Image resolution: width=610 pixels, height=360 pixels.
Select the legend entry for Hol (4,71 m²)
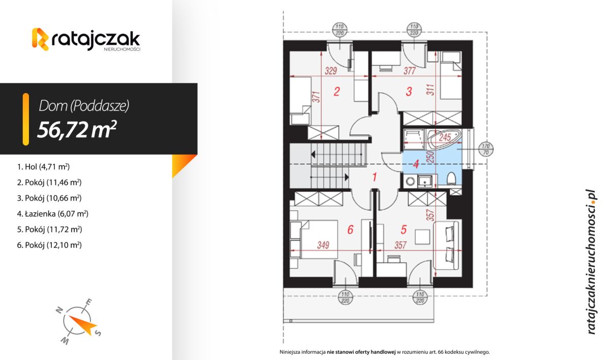(43, 166)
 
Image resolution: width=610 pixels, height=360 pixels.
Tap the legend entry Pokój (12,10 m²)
(49, 245)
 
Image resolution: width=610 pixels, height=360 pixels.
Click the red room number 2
(336, 92)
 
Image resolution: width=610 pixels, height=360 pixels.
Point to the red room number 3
(408, 92)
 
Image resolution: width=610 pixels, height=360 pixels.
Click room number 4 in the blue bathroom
(416, 164)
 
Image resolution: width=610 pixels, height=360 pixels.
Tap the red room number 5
(404, 230)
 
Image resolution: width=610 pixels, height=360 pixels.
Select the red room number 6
(350, 230)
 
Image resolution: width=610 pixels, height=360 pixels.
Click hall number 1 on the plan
(374, 178)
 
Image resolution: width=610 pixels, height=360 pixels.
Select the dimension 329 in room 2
(330, 71)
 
